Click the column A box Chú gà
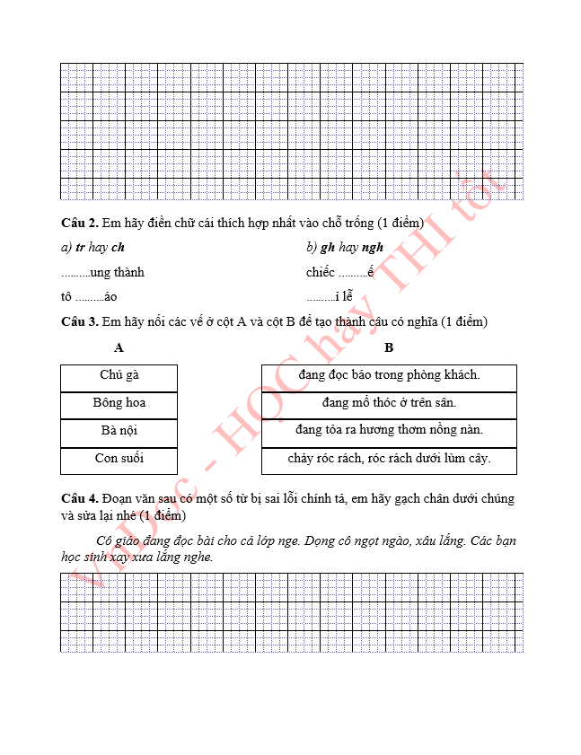(119, 375)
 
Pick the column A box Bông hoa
(119, 403)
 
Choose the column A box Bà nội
(119, 431)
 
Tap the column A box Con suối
(119, 459)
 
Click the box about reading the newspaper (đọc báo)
(389, 375)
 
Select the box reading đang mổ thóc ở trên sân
(389, 403)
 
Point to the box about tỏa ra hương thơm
(389, 431)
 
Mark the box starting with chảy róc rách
(389, 459)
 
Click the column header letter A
(119, 348)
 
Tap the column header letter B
(389, 348)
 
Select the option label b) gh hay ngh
(345, 248)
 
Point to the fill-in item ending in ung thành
(102, 272)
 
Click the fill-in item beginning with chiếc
(339, 272)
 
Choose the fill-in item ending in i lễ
(330, 296)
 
